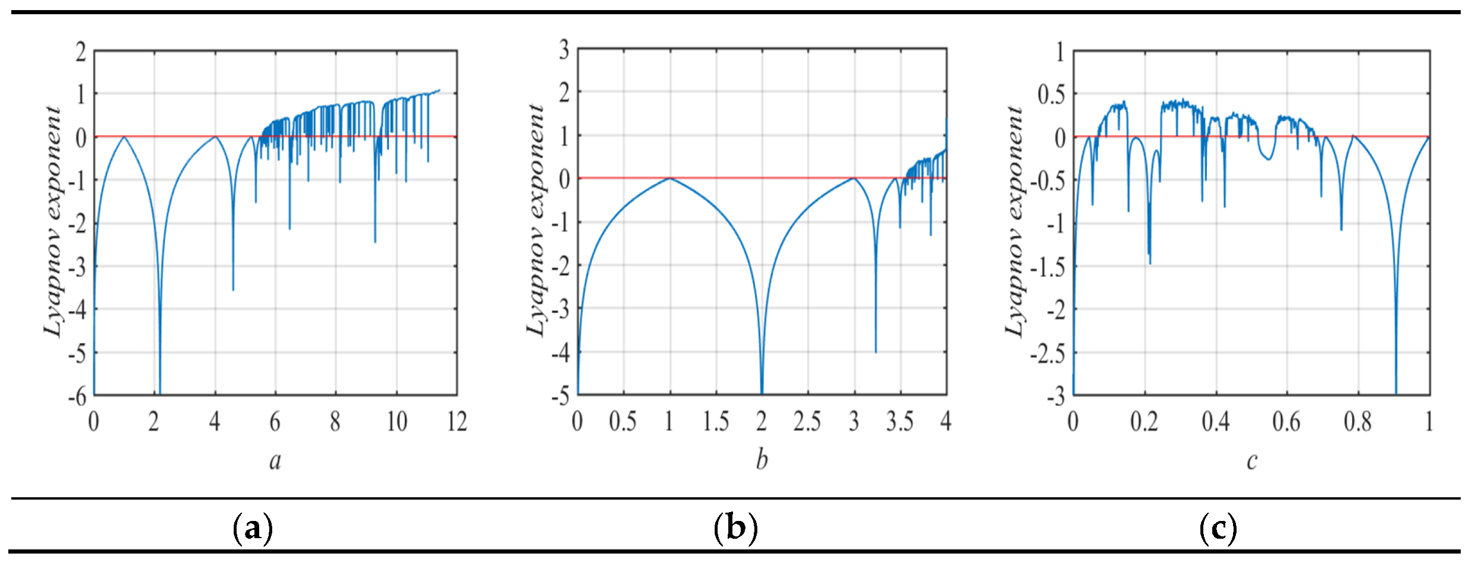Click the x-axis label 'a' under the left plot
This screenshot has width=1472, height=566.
[275, 461]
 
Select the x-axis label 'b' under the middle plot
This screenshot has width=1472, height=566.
[762, 460]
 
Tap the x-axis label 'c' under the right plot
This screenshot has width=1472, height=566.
[1251, 461]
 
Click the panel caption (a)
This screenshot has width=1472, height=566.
[253, 527]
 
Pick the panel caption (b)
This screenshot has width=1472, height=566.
[735, 527]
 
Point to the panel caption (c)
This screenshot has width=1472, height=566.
[1218, 527]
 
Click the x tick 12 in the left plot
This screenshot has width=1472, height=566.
[457, 422]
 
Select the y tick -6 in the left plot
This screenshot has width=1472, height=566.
[77, 396]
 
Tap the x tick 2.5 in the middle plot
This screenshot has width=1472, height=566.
[807, 422]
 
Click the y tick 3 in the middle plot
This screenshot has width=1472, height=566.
[563, 50]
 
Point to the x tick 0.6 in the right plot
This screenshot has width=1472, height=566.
[1286, 422]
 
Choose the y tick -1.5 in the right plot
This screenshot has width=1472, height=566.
[1047, 267]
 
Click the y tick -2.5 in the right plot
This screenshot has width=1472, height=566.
[1047, 354]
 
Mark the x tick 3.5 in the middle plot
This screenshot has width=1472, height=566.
[900, 422]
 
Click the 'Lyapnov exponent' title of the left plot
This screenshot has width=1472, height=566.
[53, 222]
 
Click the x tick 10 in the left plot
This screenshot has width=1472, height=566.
[397, 422]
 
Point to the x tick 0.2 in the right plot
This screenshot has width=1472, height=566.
[1144, 422]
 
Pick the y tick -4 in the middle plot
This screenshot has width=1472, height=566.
[560, 353]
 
